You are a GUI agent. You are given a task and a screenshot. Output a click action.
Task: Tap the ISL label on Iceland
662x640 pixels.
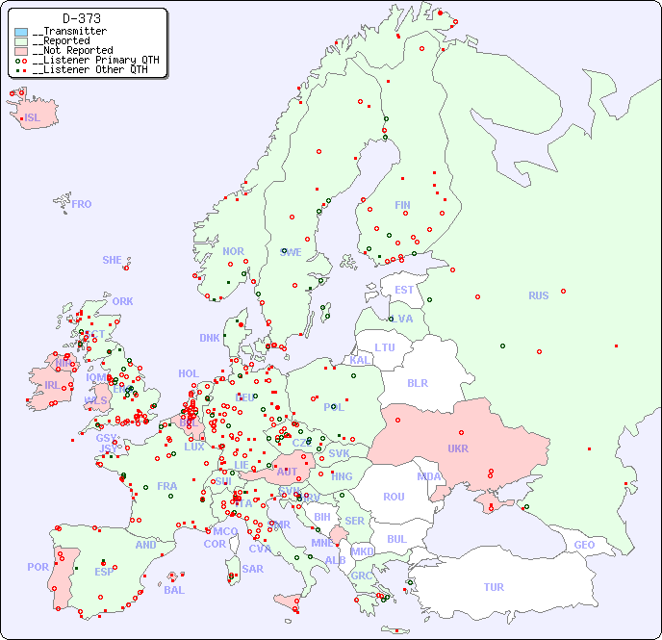pos(33,118)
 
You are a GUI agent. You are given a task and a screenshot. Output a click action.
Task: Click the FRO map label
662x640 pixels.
pos(82,204)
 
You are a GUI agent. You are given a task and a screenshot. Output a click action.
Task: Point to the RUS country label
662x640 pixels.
pos(538,295)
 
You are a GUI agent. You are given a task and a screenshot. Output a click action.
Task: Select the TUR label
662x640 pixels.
pos(494,587)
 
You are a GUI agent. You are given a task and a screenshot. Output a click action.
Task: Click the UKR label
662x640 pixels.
pos(458,448)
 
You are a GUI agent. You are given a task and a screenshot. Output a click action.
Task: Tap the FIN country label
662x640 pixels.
pos(402,205)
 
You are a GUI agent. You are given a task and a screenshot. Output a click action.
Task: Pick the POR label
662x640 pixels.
pos(38,567)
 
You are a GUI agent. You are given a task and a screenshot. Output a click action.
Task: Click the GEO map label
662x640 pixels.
pos(584,545)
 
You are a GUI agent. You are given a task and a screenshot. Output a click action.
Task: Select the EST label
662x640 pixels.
pos(404,290)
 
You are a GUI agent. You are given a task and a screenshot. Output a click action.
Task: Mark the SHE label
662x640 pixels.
pos(113,260)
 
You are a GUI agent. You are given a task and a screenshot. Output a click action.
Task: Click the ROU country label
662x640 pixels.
pos(394,497)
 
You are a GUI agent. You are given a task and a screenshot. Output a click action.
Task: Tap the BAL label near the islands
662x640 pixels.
pos(174,590)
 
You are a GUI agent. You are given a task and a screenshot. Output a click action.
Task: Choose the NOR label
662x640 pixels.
pos(233,251)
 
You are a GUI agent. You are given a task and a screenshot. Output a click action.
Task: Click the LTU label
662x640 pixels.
pos(385,347)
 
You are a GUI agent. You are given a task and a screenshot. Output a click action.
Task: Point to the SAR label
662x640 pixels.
pos(253,569)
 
